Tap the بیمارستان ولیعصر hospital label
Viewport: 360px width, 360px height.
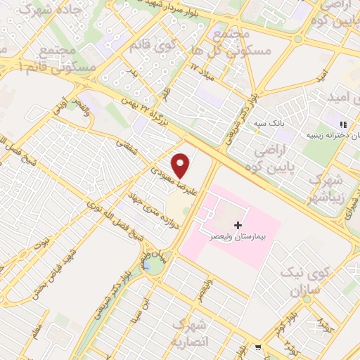point(238,239)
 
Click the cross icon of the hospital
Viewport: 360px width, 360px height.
point(238,226)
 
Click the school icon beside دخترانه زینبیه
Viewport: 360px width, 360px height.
point(344,124)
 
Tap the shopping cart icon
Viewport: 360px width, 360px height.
point(259,347)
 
